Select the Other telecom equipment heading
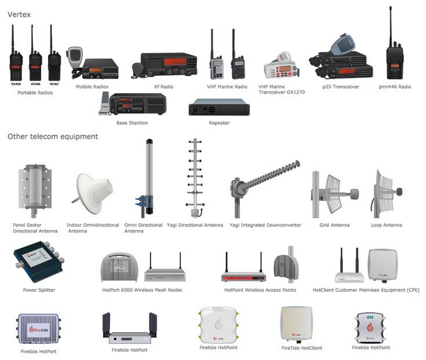tap(52, 136)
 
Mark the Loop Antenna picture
tap(386, 188)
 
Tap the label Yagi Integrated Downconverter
tap(265, 225)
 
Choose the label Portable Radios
tap(35, 92)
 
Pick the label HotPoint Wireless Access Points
tap(260, 290)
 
